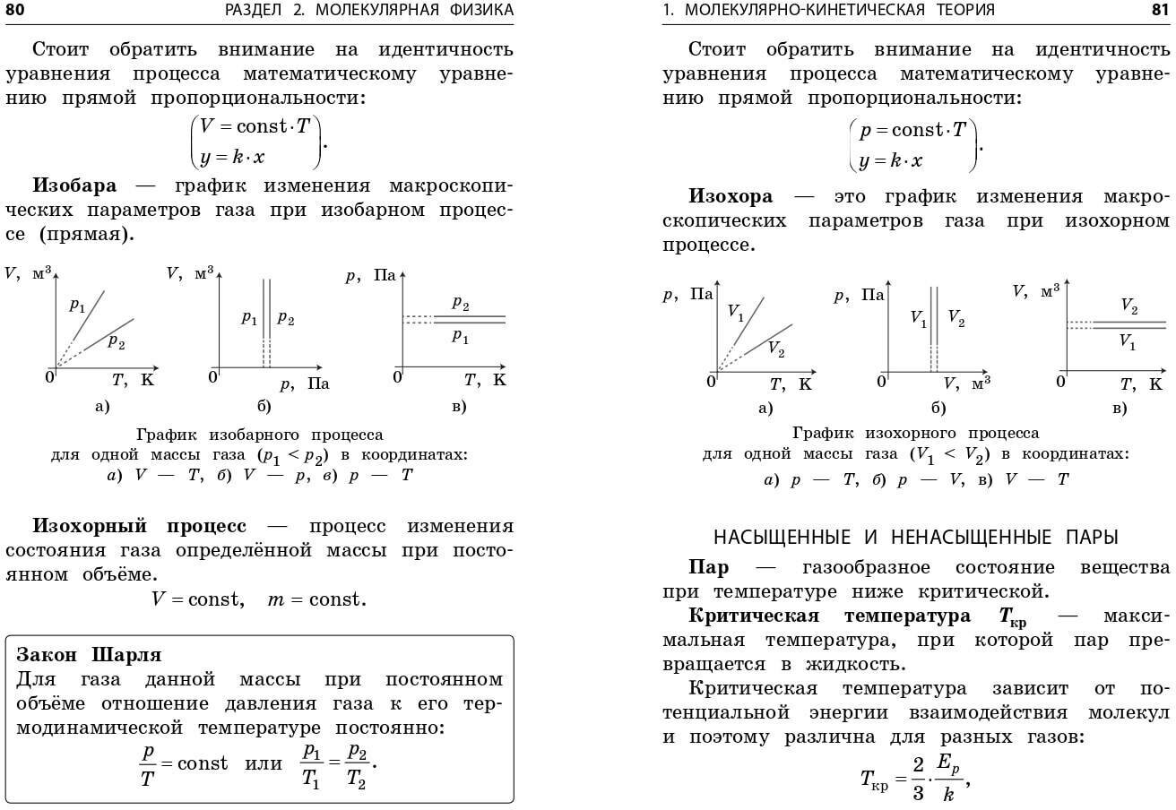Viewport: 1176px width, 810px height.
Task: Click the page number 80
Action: [x=15, y=10]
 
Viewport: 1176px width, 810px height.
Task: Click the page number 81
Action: [x=1159, y=10]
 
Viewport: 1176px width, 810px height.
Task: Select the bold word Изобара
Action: [x=74, y=186]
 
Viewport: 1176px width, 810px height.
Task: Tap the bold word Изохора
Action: [x=731, y=196]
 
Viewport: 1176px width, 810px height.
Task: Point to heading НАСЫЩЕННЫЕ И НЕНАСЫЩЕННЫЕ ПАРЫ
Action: [x=915, y=538]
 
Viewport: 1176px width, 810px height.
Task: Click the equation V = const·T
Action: [x=255, y=126]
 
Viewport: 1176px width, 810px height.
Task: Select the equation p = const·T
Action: [x=912, y=131]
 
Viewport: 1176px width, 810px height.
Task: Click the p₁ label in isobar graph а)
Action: [x=78, y=305]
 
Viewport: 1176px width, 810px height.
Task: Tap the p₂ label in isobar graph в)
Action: [x=461, y=304]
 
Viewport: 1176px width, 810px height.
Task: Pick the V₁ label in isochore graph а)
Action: [x=736, y=313]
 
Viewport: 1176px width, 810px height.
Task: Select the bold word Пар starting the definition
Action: [x=708, y=568]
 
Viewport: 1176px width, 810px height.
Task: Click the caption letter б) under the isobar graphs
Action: [x=264, y=407]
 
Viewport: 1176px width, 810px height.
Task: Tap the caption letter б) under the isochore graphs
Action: [x=938, y=409]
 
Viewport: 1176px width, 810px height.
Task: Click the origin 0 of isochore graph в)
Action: [x=1061, y=382]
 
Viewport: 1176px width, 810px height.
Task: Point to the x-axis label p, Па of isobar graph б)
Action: [x=305, y=384]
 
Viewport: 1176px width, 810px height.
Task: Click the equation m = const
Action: [x=316, y=599]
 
